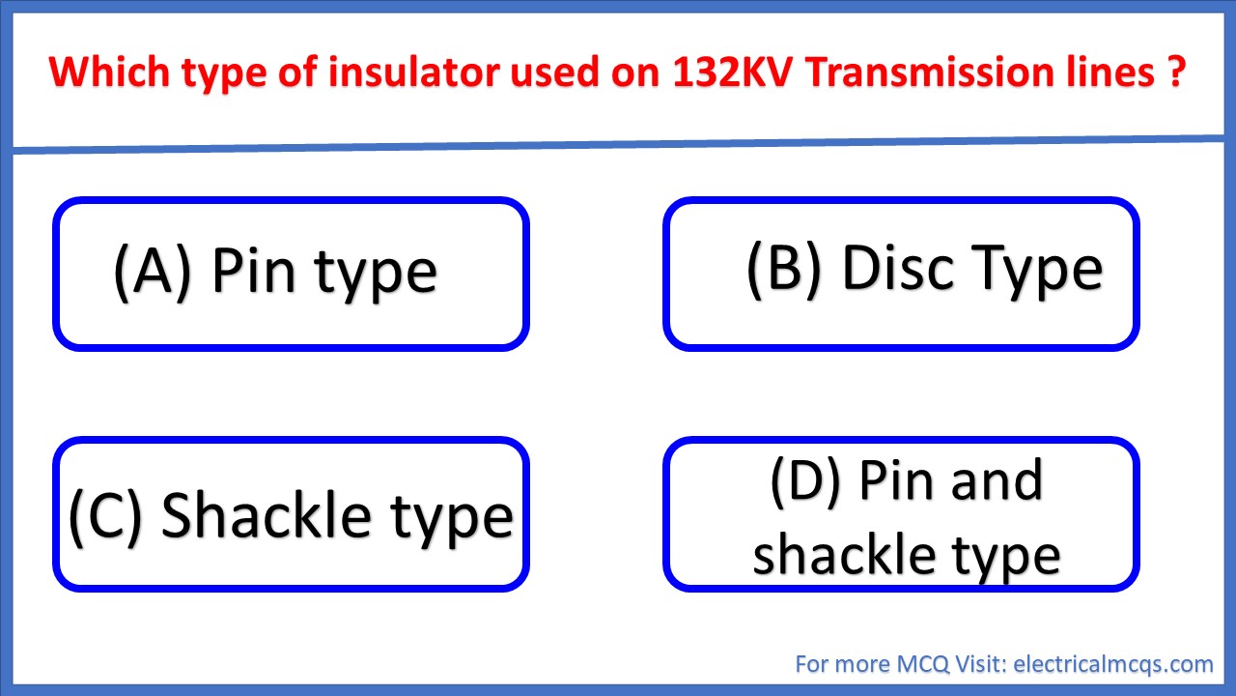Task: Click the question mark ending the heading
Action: [x=1175, y=73]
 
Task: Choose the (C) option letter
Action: [x=106, y=514]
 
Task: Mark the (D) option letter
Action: [x=807, y=480]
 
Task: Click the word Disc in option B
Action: [x=901, y=268]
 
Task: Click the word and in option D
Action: [x=995, y=480]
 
